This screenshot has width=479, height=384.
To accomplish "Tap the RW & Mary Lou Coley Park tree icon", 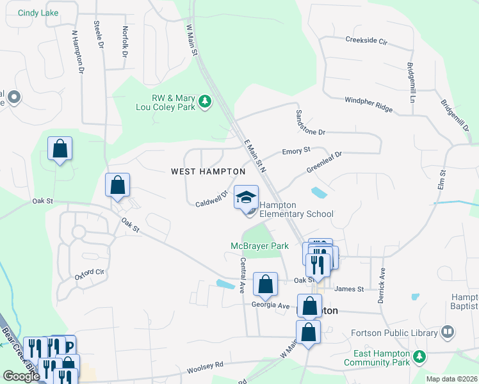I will coord(205,102).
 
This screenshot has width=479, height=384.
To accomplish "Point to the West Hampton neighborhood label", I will coord(208,172).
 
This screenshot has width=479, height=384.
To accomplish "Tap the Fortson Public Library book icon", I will coord(448,332).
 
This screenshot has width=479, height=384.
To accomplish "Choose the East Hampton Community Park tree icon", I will coord(420,356).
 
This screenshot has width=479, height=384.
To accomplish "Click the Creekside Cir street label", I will coord(366,40).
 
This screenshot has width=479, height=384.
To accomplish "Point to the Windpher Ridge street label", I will coord(368,104).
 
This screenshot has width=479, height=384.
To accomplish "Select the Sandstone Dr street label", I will coord(310,122).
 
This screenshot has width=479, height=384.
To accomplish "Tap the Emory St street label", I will coord(296,150).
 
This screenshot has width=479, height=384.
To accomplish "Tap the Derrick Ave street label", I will coord(382,285).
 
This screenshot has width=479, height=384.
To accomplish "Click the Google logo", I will coord(21,376).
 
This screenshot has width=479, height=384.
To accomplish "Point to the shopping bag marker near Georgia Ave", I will coord(265,284).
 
